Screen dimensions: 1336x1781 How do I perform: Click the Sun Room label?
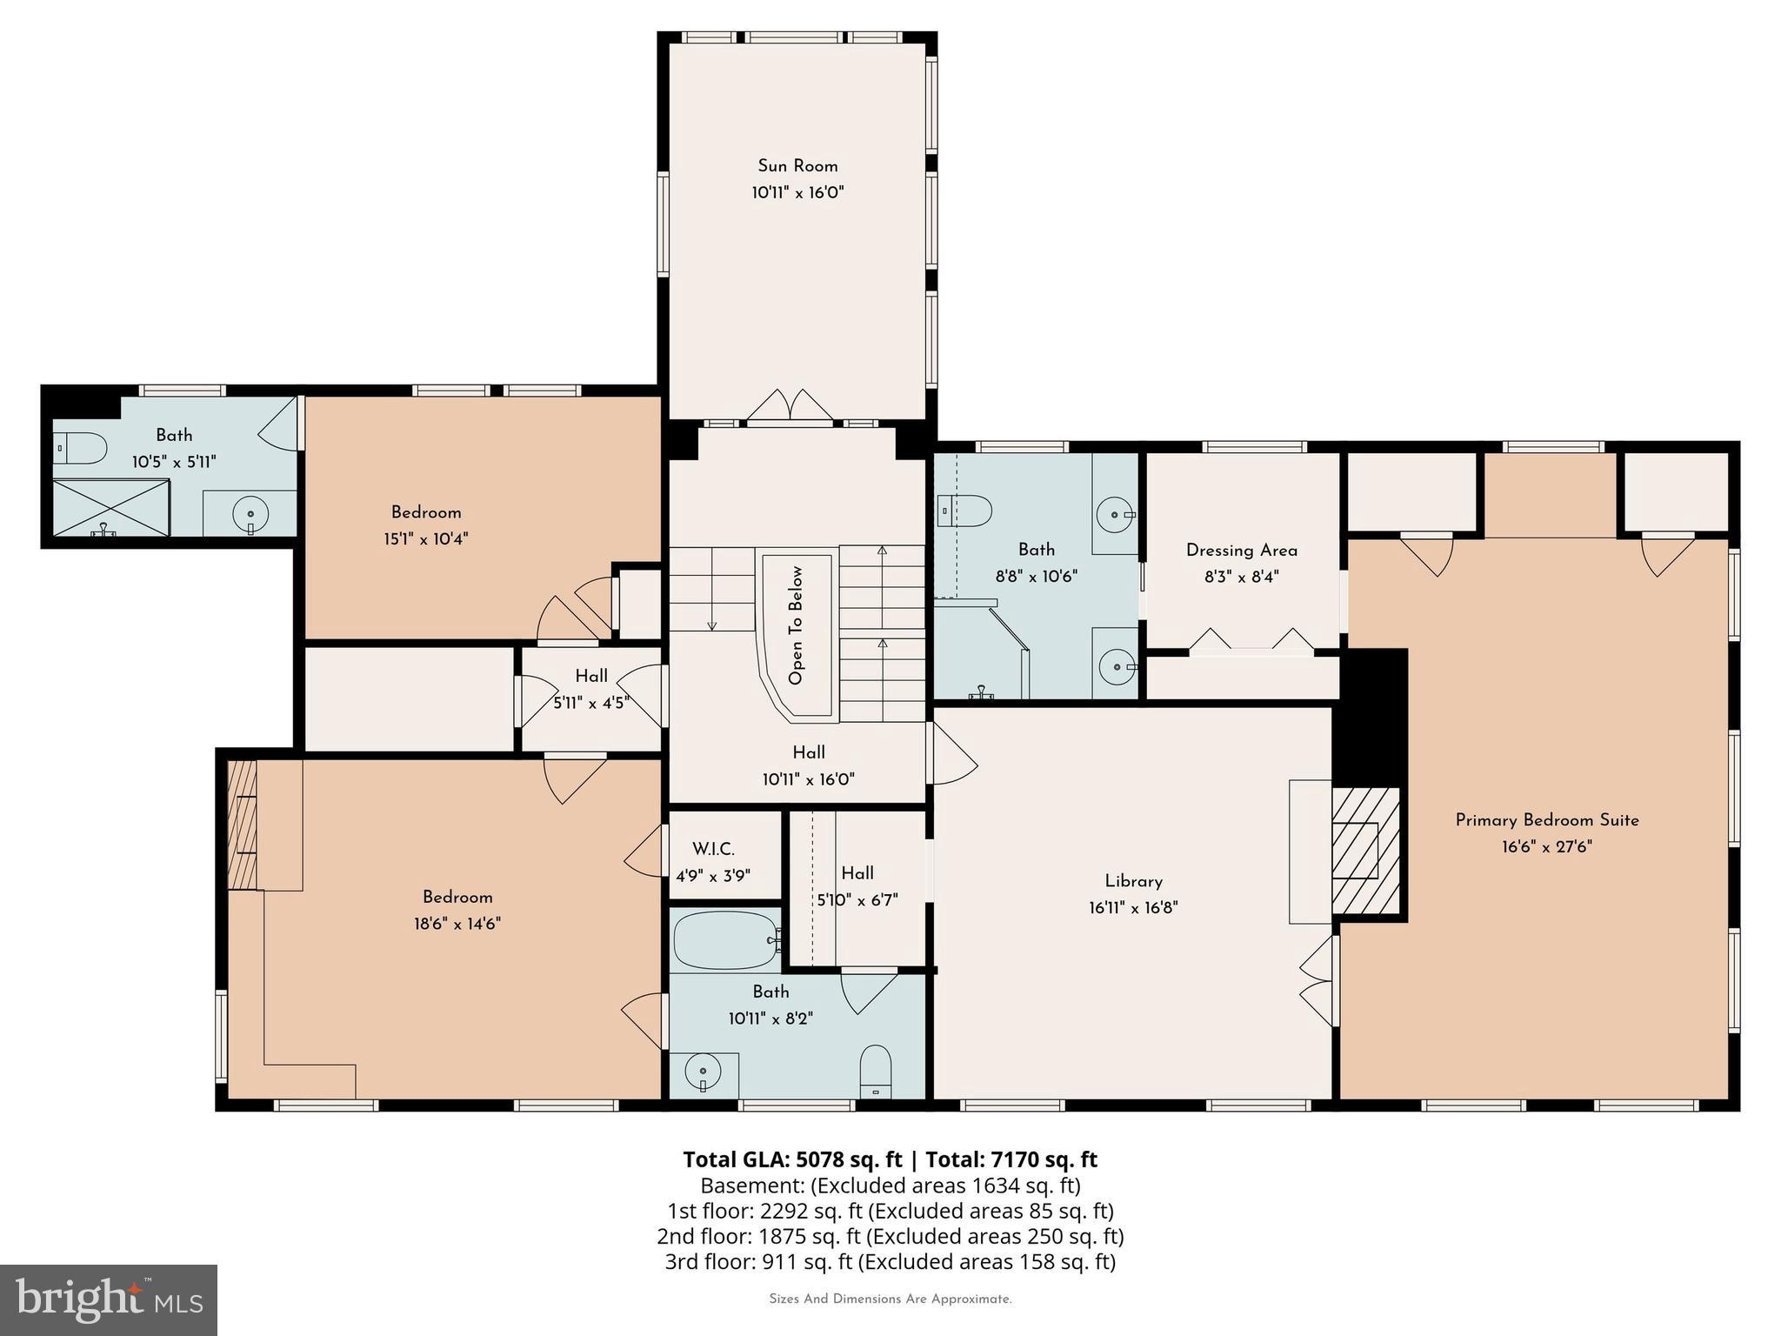797,166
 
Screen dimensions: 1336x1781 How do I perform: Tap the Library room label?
1133,881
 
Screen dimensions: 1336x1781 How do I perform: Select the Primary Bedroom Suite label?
1547,820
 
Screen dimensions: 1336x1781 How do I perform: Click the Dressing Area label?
1241,551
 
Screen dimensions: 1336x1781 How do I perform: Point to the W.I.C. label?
713,849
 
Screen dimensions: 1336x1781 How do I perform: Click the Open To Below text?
796,625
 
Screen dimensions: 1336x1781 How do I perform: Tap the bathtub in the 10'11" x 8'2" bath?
725,940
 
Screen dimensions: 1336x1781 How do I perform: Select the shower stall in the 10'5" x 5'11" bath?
110,507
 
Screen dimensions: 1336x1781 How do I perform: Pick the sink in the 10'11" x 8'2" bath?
702,1071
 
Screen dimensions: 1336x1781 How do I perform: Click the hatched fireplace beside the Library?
1365,851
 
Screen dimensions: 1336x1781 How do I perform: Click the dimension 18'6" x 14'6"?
457,924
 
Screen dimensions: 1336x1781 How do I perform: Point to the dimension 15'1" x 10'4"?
426,539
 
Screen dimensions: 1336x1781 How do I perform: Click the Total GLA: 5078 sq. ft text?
792,1159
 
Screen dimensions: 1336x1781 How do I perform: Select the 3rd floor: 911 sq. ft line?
890,1262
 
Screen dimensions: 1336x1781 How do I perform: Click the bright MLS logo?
109,1299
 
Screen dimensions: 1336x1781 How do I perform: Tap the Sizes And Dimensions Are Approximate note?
890,1299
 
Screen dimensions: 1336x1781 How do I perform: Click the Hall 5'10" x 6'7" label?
857,873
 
